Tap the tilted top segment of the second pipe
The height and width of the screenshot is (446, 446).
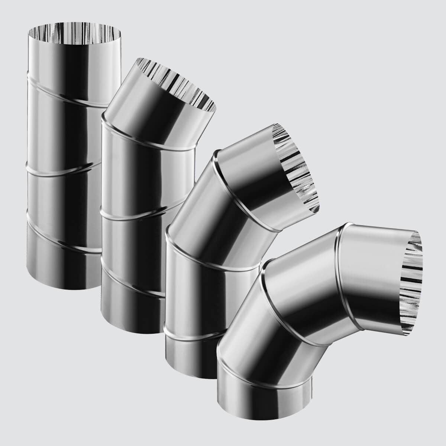pyautogui.click(x=156, y=111)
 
